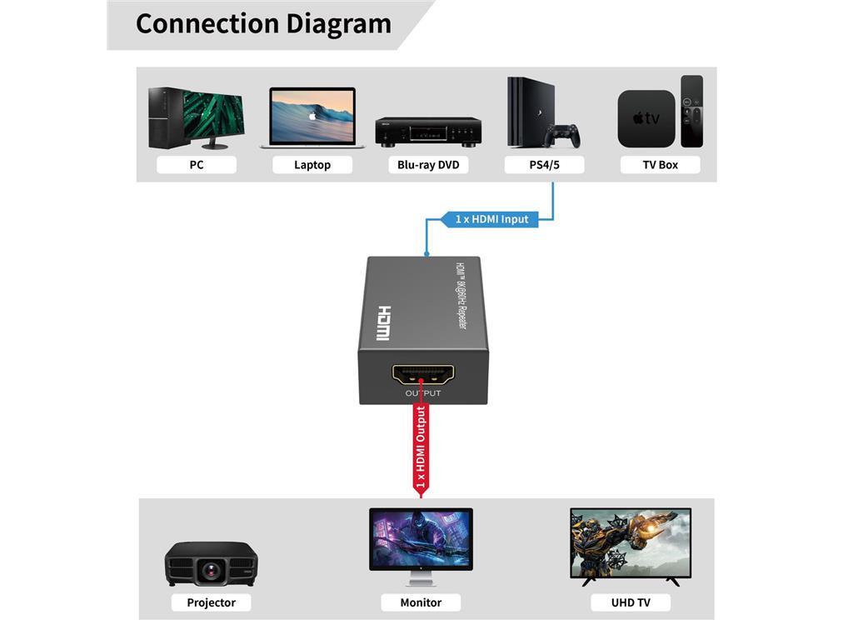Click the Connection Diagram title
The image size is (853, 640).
point(263,23)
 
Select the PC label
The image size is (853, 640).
point(197,165)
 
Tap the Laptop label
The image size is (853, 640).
point(312,165)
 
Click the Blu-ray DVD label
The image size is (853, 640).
point(428,165)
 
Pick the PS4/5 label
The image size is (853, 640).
point(544,165)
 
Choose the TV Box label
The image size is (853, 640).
point(660,165)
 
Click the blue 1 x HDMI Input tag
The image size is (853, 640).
point(491,219)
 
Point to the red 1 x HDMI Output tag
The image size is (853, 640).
point(421,448)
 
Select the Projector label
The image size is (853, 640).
point(211,602)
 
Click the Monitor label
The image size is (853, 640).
point(421,602)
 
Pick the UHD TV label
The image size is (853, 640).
point(631,602)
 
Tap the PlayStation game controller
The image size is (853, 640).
point(563,134)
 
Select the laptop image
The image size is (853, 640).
point(312,118)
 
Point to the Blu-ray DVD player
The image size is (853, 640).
point(428,132)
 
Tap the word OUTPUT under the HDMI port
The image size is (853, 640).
point(423,393)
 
